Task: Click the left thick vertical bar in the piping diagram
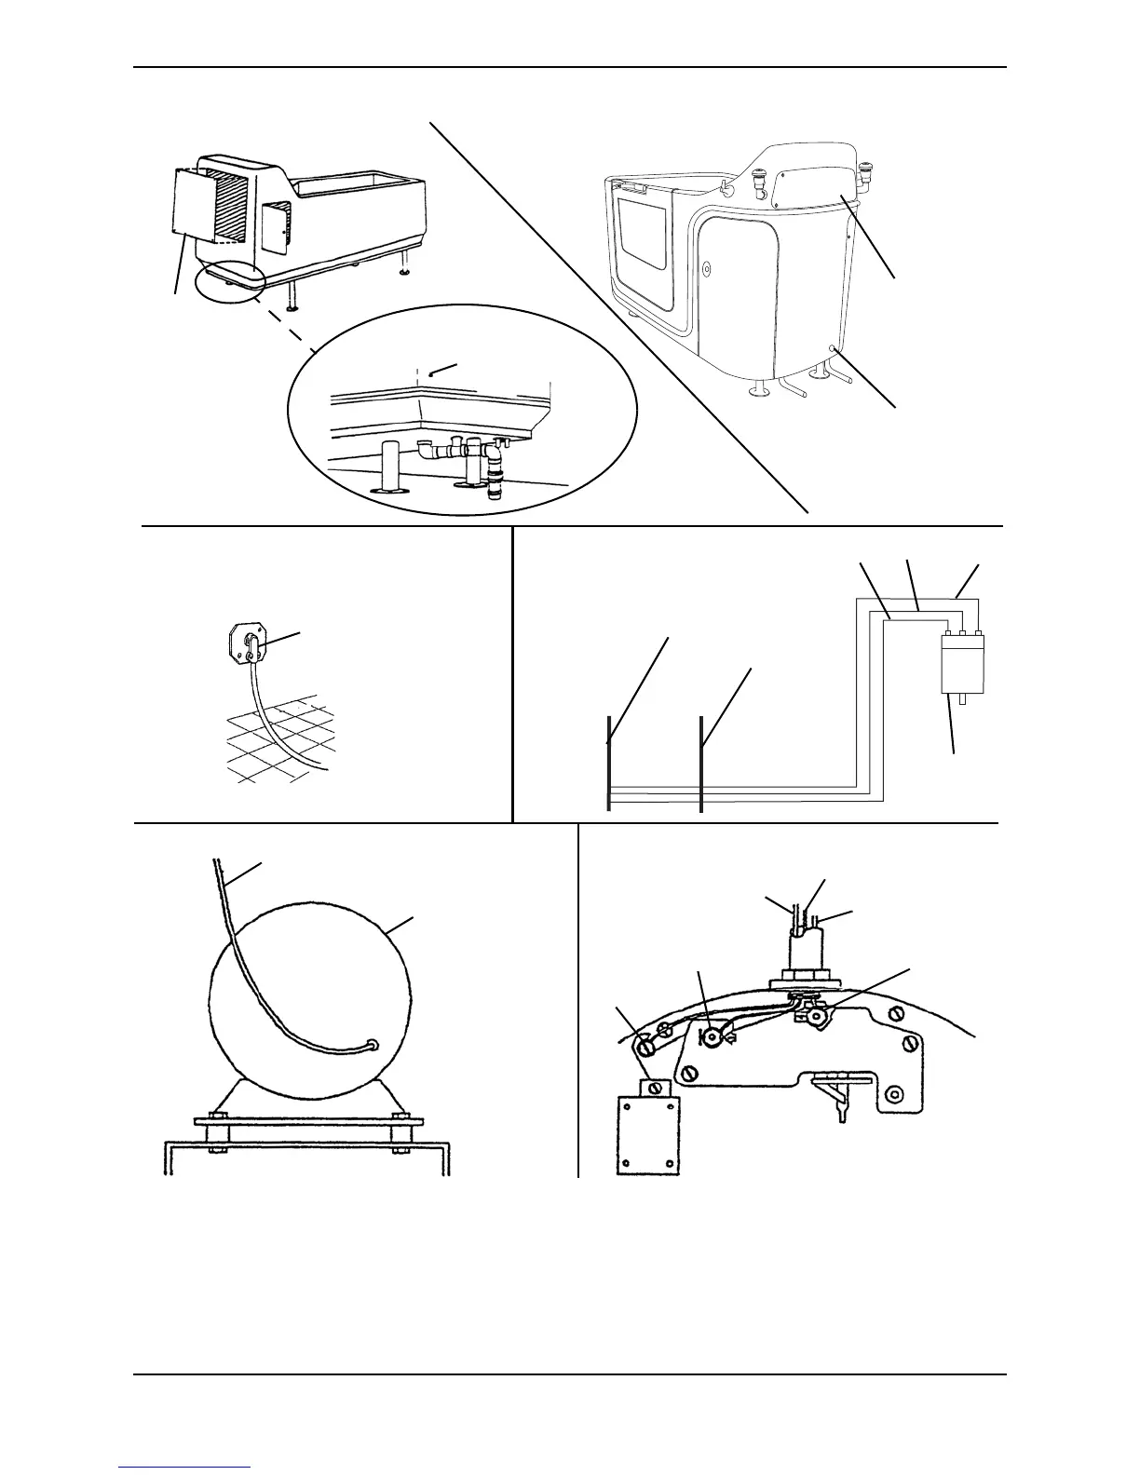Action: [x=608, y=764]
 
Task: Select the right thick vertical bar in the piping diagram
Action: [x=700, y=764]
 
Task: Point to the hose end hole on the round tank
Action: [x=373, y=1045]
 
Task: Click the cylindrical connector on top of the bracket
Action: [x=804, y=953]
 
